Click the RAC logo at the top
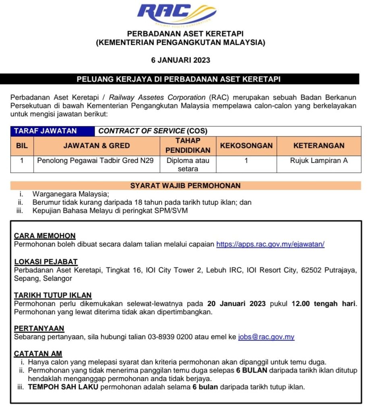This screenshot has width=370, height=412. [x=177, y=15]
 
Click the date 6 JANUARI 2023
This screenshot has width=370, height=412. [x=180, y=60]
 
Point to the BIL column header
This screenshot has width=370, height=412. [x=22, y=146]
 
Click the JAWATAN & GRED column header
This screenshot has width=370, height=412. [x=97, y=146]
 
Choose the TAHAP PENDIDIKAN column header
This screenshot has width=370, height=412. [x=188, y=146]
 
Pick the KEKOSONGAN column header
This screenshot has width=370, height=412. [x=246, y=146]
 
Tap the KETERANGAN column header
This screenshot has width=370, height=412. [x=319, y=146]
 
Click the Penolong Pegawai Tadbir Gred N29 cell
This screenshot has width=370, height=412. [x=95, y=161]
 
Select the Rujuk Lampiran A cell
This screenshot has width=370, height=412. [x=319, y=161]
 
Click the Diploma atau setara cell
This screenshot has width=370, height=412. [x=188, y=165]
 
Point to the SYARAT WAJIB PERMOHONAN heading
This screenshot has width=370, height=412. [x=186, y=186]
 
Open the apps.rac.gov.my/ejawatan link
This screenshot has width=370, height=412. [x=270, y=244]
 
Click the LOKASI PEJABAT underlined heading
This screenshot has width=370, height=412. [x=46, y=262]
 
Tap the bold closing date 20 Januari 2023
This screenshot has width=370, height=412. [x=236, y=303]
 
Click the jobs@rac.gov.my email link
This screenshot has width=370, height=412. [x=266, y=337]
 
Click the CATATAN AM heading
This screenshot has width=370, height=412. [x=38, y=354]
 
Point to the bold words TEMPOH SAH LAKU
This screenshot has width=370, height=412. [x=63, y=387]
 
